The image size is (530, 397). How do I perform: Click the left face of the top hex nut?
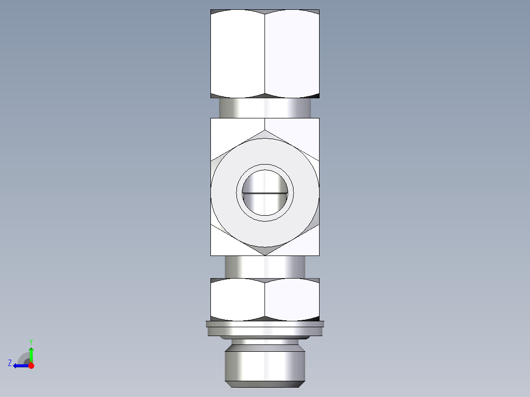[x=238, y=53]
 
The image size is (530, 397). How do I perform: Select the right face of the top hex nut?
[x=292, y=53]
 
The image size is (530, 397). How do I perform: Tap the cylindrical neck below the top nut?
[x=265, y=108]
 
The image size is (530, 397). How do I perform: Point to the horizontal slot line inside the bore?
[x=265, y=193]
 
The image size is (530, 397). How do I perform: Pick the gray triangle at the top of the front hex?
[x=265, y=135]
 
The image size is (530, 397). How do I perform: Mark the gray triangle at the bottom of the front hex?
[x=265, y=251]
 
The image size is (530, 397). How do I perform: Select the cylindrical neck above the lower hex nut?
[x=265, y=266]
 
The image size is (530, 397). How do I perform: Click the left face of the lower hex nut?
[x=238, y=300]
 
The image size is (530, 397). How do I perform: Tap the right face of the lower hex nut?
[x=292, y=300]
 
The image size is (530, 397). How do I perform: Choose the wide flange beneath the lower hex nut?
[x=265, y=328]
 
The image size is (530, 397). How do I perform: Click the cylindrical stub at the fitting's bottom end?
[x=265, y=364]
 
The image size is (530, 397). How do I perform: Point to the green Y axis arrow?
[x=31, y=353]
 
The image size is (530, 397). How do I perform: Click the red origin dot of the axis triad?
[x=31, y=366]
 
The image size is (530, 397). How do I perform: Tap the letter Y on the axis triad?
[x=30, y=341]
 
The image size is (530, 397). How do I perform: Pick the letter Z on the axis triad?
[x=10, y=363]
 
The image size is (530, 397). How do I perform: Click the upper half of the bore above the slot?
[x=265, y=182]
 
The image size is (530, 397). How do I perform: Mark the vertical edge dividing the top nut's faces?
[x=265, y=53]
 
